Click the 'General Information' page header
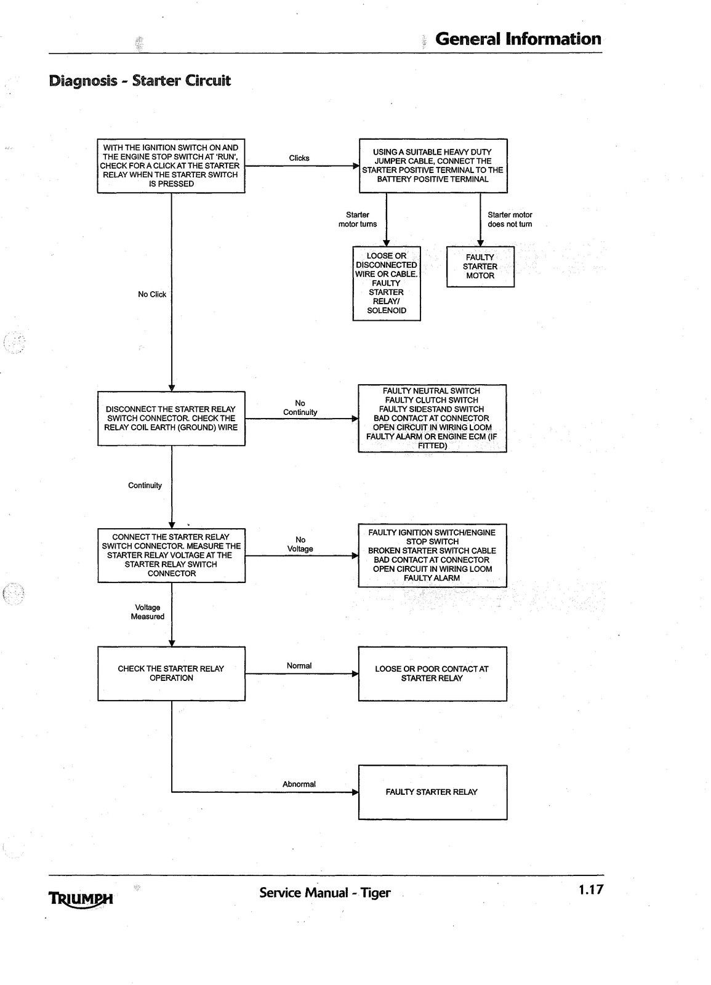pos(518,39)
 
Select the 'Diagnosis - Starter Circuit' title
pos(140,81)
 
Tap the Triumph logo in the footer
pos(81,898)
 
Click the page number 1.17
pos(591,890)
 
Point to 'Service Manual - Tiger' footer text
pos(324,893)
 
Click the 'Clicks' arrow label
pos(299,158)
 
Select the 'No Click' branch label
pos(152,294)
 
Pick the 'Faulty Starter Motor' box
pos(480,267)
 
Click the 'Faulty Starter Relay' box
pos(432,792)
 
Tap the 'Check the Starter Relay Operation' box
pos(171,673)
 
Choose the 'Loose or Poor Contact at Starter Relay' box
pos(432,673)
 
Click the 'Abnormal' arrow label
pos(299,784)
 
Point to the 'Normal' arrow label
pos(299,665)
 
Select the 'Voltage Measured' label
pos(147,612)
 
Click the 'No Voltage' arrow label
pos(300,544)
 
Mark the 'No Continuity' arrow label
pos(300,408)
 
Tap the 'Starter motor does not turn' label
pos(510,219)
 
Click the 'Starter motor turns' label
pos(358,219)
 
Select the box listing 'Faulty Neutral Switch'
pos(432,418)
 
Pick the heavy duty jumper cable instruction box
pos(433,166)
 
